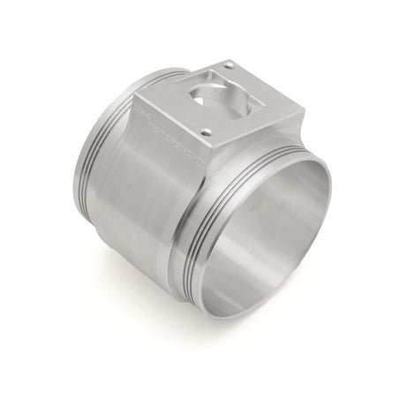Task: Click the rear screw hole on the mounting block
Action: (x=228, y=66)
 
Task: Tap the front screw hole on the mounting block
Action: (x=206, y=132)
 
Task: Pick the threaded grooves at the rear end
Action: (x=88, y=159)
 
